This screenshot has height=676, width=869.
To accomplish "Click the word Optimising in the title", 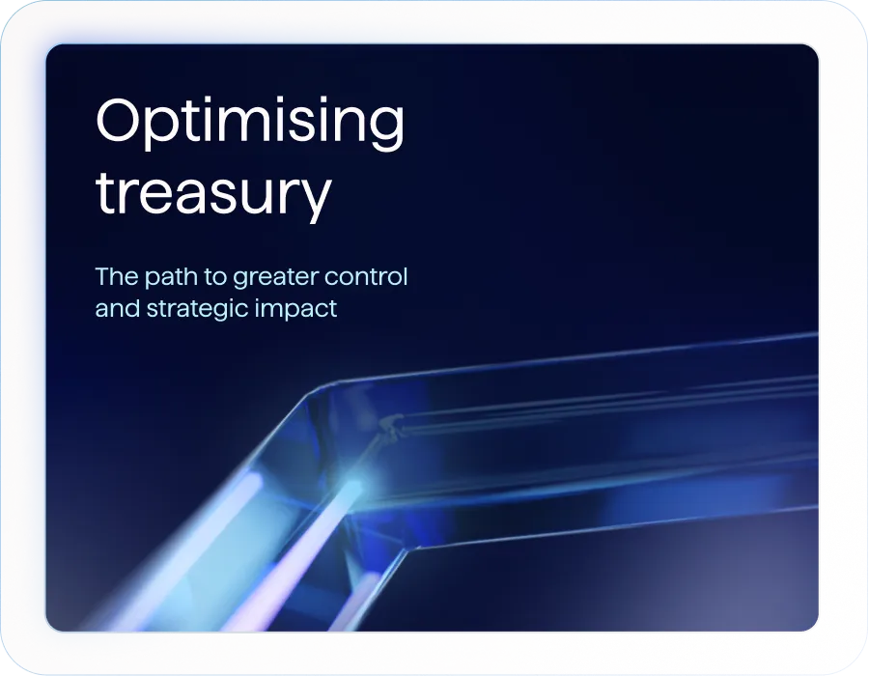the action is click(x=250, y=123).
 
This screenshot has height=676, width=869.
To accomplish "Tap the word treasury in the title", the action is click(x=213, y=193).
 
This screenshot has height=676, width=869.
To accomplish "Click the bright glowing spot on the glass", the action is click(x=353, y=485).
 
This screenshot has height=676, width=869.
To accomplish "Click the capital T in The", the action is click(x=102, y=276).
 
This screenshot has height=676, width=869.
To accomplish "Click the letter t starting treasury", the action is click(x=104, y=192).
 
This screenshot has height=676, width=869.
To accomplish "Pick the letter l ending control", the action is click(x=406, y=276).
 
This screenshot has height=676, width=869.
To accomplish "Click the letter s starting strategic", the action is click(x=154, y=310).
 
